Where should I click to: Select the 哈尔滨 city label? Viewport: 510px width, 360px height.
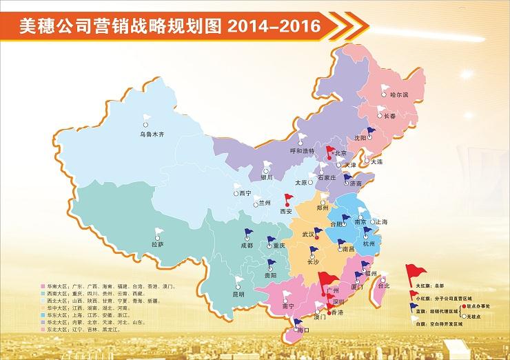tap(399, 94)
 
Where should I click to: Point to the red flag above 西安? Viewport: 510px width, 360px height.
tap(287, 198)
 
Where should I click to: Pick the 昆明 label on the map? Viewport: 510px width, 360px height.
tap(238, 294)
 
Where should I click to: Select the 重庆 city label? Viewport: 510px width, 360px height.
tap(279, 246)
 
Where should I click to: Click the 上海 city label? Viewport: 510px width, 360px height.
tap(380, 222)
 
